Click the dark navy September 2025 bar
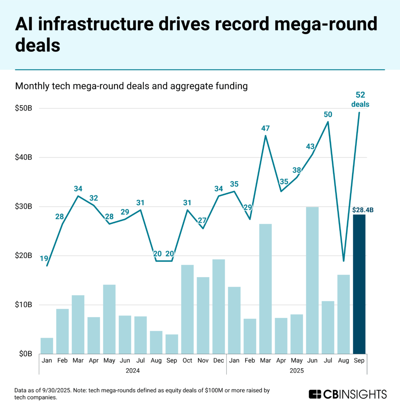[359, 284]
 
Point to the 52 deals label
[360, 99]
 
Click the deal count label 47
[265, 128]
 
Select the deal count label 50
[328, 114]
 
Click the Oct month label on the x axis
[187, 361]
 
